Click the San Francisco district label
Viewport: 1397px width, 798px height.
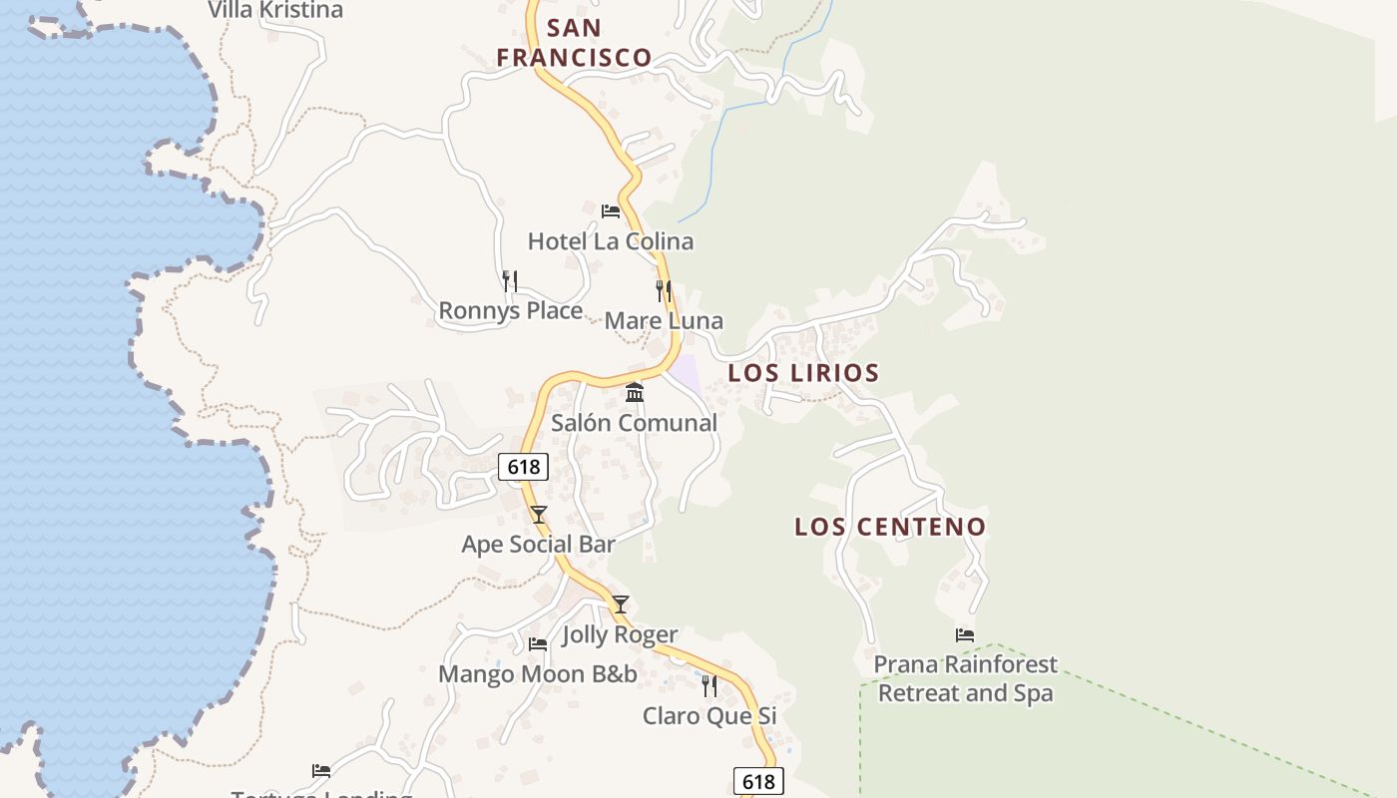[574, 43]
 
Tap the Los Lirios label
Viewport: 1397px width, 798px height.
[803, 373]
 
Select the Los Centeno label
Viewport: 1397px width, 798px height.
[890, 527]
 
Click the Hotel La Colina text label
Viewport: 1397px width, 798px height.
[610, 241]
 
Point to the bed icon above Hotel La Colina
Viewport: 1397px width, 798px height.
[610, 211]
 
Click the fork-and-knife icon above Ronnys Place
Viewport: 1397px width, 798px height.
[510, 281]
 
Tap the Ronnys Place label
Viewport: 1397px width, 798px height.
[510, 311]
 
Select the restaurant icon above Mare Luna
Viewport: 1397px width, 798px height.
[664, 291]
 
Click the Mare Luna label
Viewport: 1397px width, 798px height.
[664, 321]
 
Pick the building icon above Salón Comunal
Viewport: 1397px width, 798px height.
[635, 393]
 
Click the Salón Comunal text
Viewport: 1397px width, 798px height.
[635, 423]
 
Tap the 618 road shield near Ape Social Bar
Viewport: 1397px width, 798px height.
[523, 467]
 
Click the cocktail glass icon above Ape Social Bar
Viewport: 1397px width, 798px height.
[539, 515]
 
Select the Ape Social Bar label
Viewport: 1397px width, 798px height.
[538, 545]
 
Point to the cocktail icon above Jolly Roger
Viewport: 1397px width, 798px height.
[621, 604]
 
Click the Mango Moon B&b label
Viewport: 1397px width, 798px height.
[538, 674]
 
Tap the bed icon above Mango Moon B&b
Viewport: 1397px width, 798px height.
[538, 644]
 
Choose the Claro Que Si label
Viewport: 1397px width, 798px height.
[709, 716]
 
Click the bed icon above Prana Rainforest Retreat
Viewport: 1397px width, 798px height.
[965, 634]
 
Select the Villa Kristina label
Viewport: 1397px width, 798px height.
[275, 11]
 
